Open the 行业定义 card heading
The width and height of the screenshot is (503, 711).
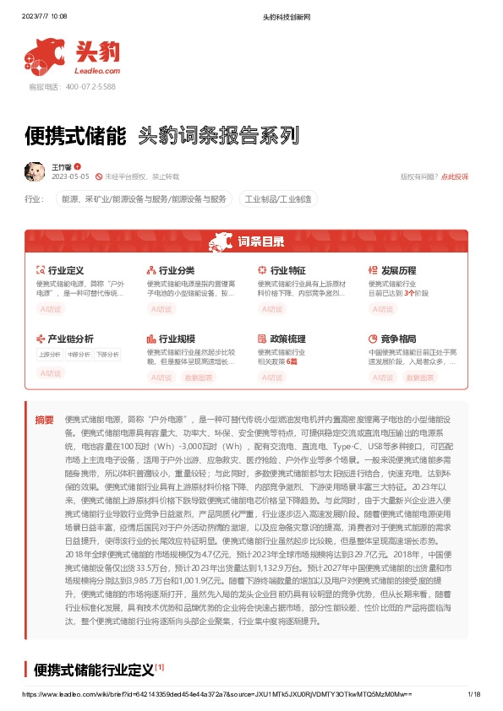(65, 271)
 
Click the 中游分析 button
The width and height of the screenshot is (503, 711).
(79, 355)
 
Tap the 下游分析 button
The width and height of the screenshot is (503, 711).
(107, 355)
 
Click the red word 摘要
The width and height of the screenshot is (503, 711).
(44, 420)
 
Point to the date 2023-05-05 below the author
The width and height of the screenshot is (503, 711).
(70, 176)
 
